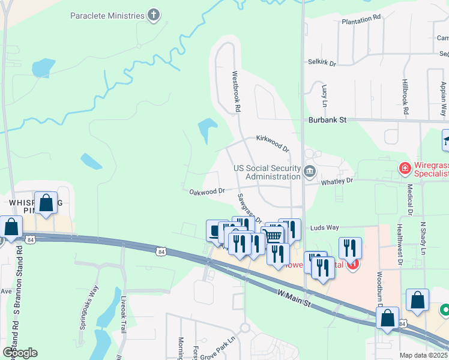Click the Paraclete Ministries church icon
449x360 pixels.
click(154, 16)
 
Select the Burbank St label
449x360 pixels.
click(328, 120)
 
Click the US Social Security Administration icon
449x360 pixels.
click(310, 172)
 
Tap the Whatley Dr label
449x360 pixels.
click(337, 180)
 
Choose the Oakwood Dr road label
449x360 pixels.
click(206, 191)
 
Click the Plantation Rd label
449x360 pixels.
click(361, 20)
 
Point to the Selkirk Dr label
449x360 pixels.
click(322, 62)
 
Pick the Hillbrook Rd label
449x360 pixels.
click(406, 97)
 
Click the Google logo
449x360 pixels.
click(20, 352)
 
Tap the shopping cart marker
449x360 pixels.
click(273, 235)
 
